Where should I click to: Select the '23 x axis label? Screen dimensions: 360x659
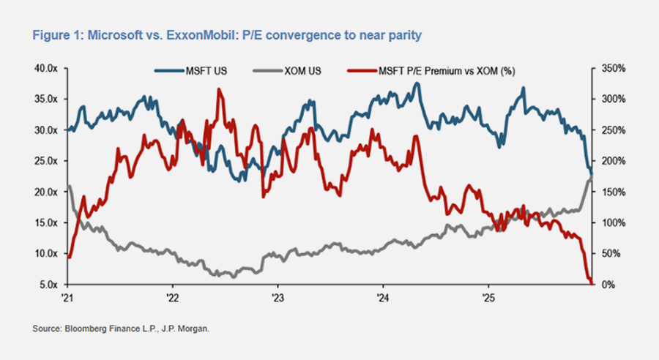point(278,299)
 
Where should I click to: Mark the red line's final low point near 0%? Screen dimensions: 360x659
point(589,283)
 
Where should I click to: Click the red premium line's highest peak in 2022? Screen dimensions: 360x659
point(219,90)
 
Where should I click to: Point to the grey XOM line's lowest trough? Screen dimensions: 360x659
point(234,277)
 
